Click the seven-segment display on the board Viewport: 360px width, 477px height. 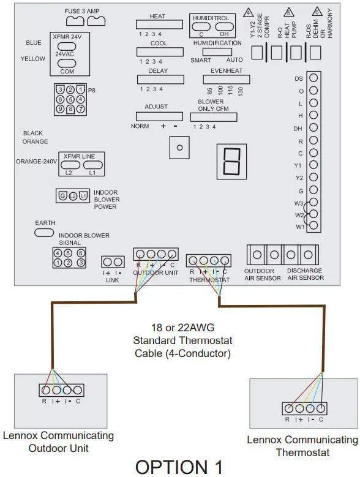click(231, 160)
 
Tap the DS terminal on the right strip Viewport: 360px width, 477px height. click(313, 78)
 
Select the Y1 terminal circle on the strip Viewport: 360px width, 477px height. click(313, 165)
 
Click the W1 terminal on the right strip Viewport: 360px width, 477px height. click(313, 227)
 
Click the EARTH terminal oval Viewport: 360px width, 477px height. click(45, 233)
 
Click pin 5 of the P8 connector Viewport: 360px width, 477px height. click(70, 99)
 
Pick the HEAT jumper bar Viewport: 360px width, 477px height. click(159, 24)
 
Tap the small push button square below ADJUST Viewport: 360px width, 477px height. click(179, 148)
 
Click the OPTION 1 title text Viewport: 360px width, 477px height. click(179, 466)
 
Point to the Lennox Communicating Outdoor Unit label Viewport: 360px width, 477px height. click(58, 441)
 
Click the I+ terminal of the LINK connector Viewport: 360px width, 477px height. click(107, 261)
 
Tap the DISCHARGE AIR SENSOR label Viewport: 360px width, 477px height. click(301, 274)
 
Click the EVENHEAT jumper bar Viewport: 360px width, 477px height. click(227, 80)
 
